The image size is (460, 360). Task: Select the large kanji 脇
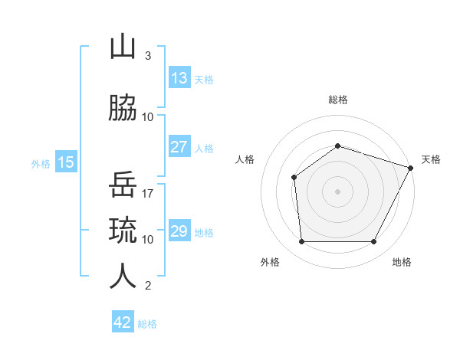(x=123, y=107)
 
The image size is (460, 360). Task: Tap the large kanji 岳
(x=123, y=184)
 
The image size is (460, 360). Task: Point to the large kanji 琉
(x=123, y=230)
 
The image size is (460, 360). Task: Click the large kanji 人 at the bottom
(x=123, y=277)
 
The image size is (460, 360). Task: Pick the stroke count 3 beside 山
(x=148, y=56)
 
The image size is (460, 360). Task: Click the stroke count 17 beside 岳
(x=147, y=194)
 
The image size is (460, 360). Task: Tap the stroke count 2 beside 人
(x=148, y=286)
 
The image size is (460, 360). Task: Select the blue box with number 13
(x=180, y=77)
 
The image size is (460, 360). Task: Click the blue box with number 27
(x=180, y=146)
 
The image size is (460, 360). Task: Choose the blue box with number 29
(x=180, y=230)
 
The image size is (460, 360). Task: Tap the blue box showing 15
(x=66, y=162)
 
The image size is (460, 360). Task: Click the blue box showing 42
(x=123, y=321)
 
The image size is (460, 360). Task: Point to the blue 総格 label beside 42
(x=147, y=324)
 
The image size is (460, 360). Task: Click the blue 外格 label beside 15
(x=41, y=164)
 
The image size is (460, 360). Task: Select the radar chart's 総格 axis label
(x=338, y=100)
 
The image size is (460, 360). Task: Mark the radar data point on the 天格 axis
(x=411, y=168)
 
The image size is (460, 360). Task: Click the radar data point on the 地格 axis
(x=374, y=241)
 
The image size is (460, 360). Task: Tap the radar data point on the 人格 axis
(x=294, y=178)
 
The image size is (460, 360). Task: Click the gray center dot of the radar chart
(x=337, y=191)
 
